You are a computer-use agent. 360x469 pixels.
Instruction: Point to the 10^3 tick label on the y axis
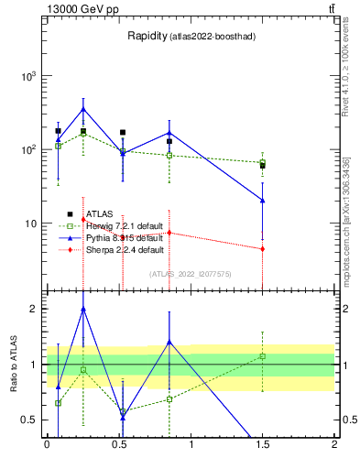30,76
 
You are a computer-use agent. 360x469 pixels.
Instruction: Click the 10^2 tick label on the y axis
30,149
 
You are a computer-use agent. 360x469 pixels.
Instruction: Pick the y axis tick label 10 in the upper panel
32,223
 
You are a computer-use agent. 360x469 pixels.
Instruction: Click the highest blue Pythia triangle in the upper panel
83,109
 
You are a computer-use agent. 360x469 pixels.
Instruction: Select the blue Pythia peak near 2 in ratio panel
83,310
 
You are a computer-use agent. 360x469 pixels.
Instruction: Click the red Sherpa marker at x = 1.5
263,248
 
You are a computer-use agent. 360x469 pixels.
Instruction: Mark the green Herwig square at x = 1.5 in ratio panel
263,355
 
